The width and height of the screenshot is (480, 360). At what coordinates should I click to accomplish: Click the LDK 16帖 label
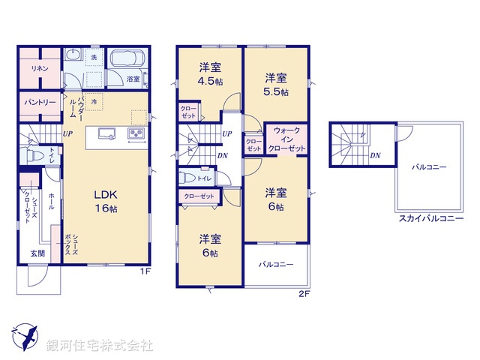pyautogui.click(x=105, y=200)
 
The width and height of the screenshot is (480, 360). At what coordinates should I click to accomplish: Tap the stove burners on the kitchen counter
pyautogui.click(x=137, y=134)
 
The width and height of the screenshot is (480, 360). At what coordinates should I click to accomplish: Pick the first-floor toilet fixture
pyautogui.click(x=33, y=155)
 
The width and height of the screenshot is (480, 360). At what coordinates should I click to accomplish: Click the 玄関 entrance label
pyautogui.click(x=37, y=253)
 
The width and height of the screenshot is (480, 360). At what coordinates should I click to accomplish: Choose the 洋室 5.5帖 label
pyautogui.click(x=275, y=83)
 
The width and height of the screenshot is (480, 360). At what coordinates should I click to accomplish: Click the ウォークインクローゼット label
pyautogui.click(x=286, y=140)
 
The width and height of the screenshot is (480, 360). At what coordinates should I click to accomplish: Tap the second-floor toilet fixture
pyautogui.click(x=187, y=178)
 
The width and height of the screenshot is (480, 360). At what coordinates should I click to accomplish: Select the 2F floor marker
pyautogui.click(x=304, y=292)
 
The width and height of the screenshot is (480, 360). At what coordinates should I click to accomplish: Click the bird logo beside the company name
pyautogui.click(x=23, y=336)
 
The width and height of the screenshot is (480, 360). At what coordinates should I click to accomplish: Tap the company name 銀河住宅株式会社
pyautogui.click(x=100, y=345)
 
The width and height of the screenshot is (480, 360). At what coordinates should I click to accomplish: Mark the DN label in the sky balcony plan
pyautogui.click(x=375, y=155)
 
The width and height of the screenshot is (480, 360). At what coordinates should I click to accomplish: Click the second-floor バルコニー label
pyautogui.click(x=276, y=265)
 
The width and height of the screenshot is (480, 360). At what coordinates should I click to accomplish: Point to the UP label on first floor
pyautogui.click(x=67, y=134)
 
